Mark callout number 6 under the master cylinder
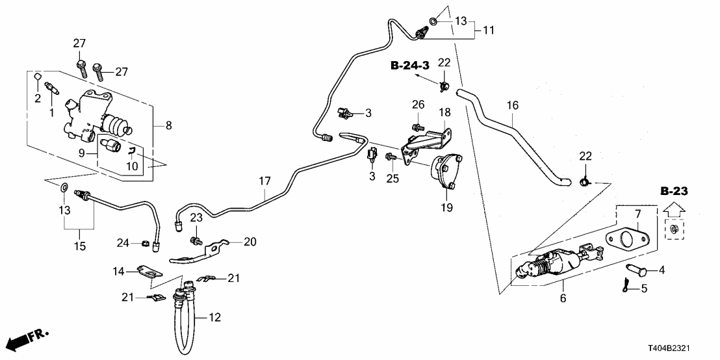click(563, 298)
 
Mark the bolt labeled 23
click(194, 242)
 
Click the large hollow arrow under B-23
click(674, 211)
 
